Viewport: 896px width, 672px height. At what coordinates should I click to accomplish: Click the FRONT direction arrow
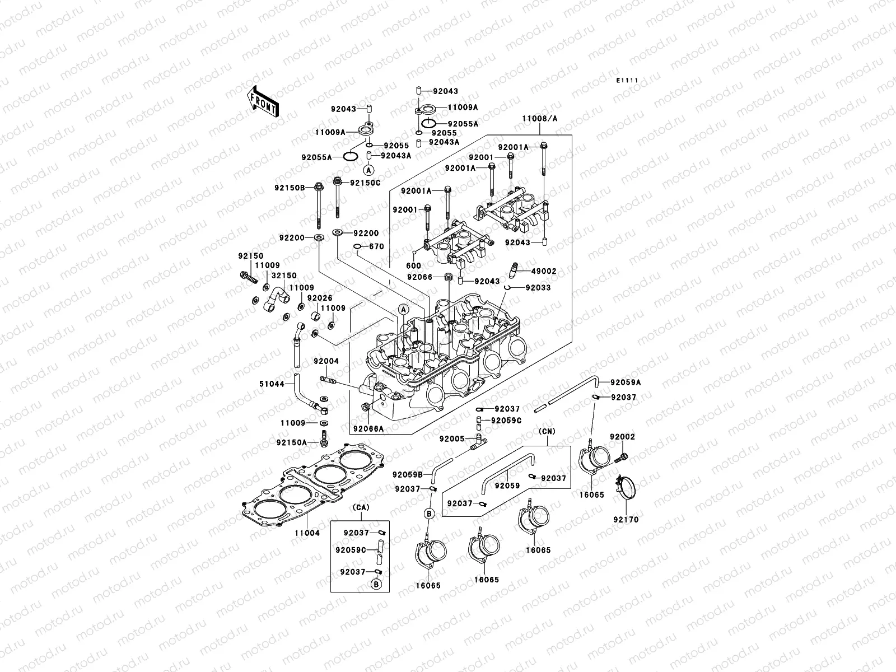[x=271, y=101]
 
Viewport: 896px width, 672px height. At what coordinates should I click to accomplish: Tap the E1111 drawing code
[x=627, y=81]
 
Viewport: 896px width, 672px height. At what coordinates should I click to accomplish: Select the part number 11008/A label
[x=539, y=119]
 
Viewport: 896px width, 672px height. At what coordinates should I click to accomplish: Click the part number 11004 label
[x=307, y=533]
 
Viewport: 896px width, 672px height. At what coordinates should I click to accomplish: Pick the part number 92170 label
[x=625, y=520]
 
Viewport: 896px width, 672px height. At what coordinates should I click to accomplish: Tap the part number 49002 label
[x=544, y=271]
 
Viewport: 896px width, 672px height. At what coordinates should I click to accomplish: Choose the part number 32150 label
[x=284, y=276]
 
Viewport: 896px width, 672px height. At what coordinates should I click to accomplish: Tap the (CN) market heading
[x=548, y=431]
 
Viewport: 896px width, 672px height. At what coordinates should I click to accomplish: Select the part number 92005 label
[x=451, y=439]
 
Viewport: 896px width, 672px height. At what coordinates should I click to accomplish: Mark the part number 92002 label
[x=623, y=437]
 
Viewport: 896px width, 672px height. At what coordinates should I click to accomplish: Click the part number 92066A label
[x=368, y=429]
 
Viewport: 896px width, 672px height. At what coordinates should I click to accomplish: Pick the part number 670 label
[x=376, y=246]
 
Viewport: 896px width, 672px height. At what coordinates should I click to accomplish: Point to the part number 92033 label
[x=538, y=288]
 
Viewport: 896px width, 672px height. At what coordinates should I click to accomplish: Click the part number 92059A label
[x=626, y=382]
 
